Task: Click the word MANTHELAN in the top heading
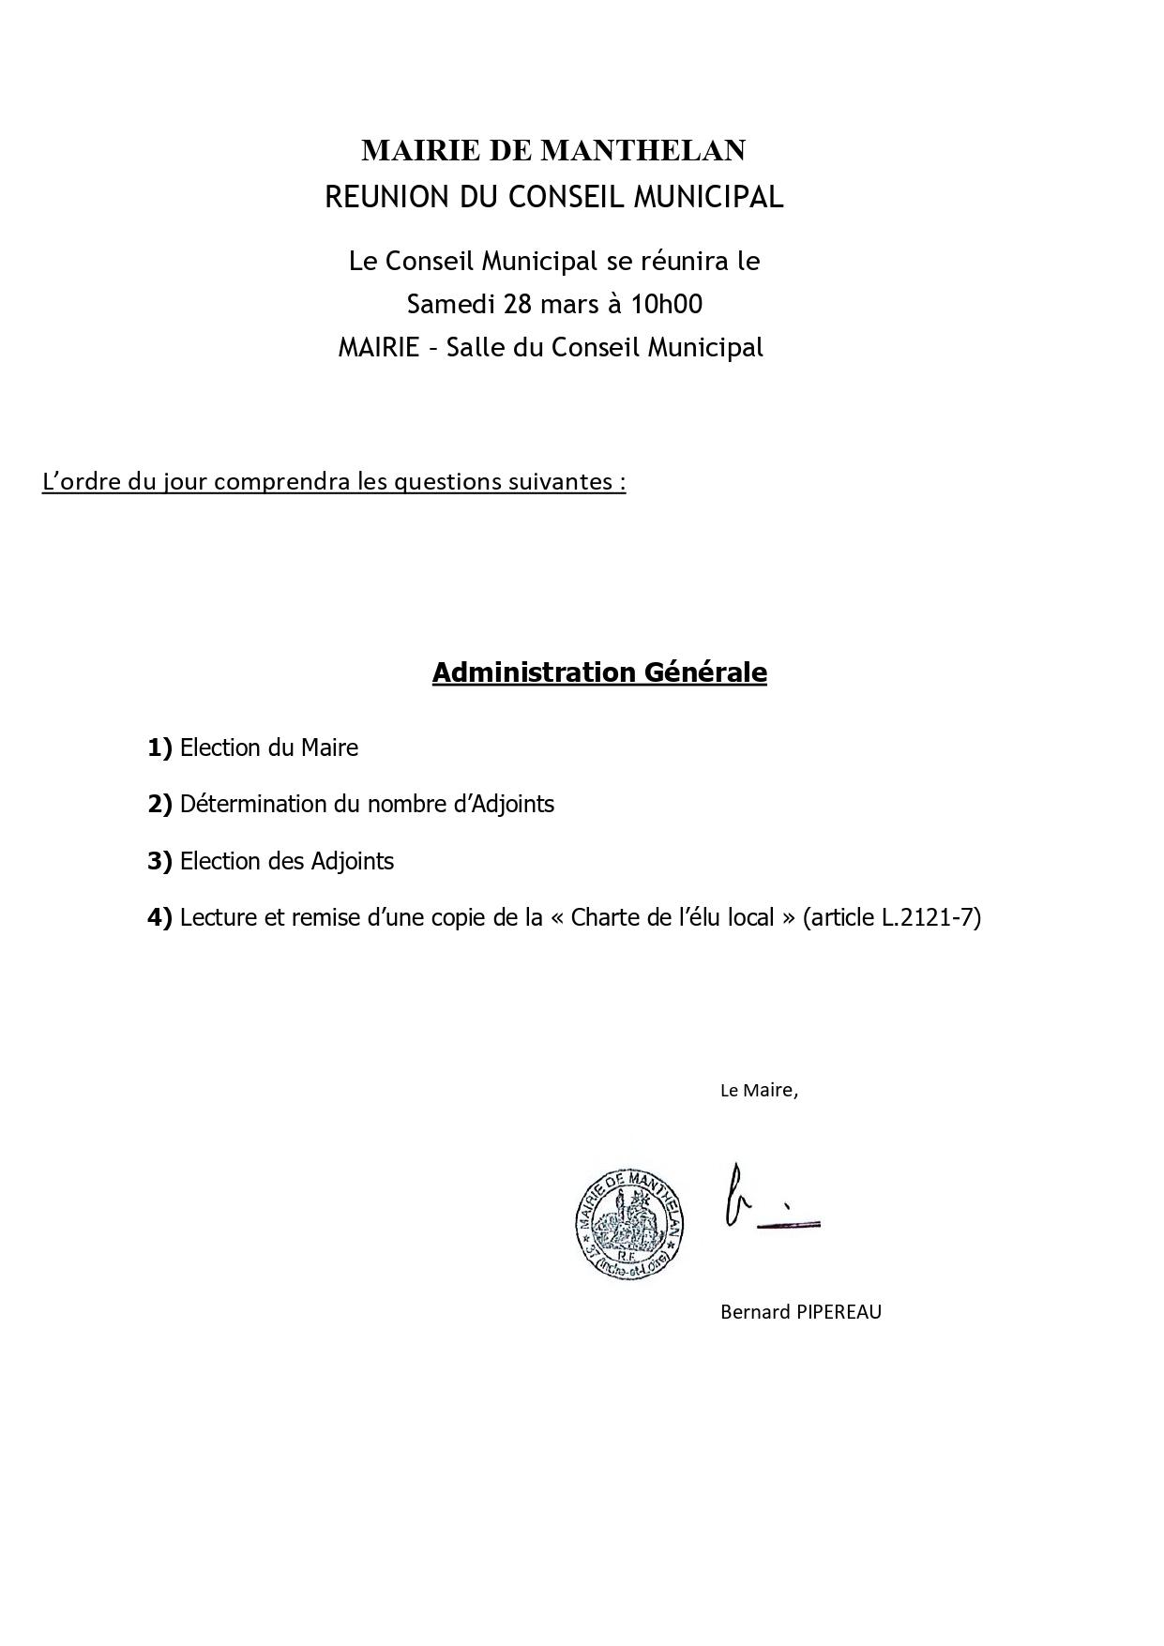(643, 150)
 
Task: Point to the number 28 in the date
(519, 304)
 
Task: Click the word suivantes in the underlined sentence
(560, 481)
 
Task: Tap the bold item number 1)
(159, 747)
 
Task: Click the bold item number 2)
(159, 804)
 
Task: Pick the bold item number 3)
(159, 861)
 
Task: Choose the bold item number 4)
(159, 917)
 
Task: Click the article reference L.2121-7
(930, 917)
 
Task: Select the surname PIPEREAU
(839, 1312)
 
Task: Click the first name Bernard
(755, 1312)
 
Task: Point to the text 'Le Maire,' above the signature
(759, 1091)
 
